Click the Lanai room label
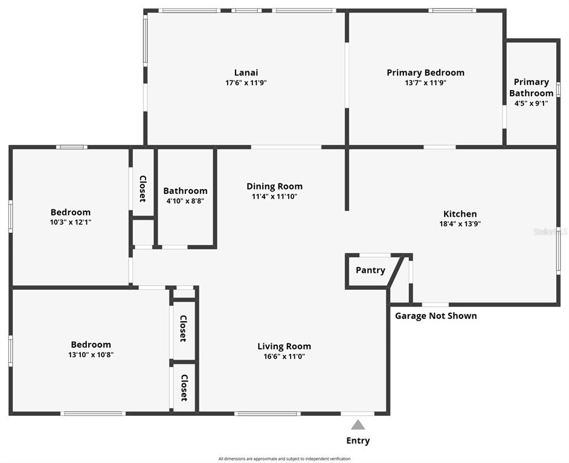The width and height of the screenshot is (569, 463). click(x=246, y=72)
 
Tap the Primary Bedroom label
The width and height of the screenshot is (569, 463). click(x=425, y=73)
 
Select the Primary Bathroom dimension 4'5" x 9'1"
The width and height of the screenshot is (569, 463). click(x=531, y=103)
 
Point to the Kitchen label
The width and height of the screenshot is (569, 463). click(x=460, y=214)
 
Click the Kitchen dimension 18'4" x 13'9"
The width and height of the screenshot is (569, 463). click(x=460, y=224)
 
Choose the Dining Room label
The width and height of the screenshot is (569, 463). click(x=274, y=187)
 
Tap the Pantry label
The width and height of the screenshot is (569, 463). click(x=370, y=270)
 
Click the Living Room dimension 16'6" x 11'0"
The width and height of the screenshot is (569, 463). click(x=284, y=356)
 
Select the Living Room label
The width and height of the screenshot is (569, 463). click(x=284, y=346)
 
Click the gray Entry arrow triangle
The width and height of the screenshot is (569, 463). click(x=358, y=425)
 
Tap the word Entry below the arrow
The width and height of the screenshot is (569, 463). click(x=358, y=441)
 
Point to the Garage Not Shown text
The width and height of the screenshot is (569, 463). click(x=436, y=316)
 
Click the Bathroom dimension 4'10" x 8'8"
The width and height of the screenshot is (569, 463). click(x=185, y=201)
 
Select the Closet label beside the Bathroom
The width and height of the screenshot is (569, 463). click(x=143, y=189)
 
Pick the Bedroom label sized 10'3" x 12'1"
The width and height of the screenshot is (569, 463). click(x=71, y=212)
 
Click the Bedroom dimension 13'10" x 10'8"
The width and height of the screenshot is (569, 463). click(x=91, y=354)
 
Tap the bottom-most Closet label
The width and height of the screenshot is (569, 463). click(x=184, y=388)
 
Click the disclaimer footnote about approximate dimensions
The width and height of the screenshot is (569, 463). click(x=284, y=459)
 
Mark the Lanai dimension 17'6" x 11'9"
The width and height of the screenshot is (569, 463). click(x=246, y=83)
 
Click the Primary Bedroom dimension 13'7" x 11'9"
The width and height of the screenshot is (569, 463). click(x=425, y=83)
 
